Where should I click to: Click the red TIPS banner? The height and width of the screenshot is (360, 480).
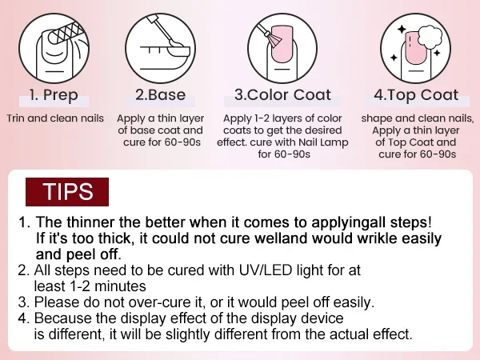pos(67,192)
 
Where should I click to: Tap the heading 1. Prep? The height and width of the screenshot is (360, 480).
pos(54,95)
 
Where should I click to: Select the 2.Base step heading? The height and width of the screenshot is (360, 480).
pos(161,95)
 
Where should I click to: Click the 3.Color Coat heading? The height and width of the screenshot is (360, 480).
pos(282,95)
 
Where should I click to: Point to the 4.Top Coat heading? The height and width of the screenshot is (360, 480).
pos(416,95)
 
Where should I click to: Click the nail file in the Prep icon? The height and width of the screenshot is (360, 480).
pos(66,33)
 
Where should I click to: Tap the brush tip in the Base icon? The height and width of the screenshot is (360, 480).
pos(176,43)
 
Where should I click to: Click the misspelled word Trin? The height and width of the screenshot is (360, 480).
pos(16,118)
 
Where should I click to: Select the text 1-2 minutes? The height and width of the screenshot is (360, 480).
pos(108,286)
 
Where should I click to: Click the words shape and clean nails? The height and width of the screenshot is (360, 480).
pos(418,118)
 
